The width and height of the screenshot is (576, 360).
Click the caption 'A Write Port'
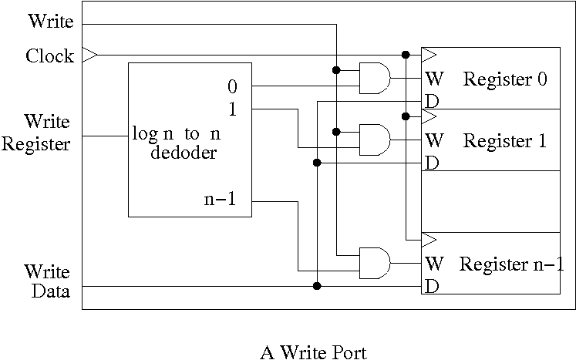[313, 352]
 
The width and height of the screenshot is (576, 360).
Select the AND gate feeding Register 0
[375, 78]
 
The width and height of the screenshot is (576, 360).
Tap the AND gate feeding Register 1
[375, 140]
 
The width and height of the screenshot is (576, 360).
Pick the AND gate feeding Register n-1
[375, 263]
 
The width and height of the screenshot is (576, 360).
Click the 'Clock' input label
[49, 56]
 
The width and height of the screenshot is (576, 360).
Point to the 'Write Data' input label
[47, 281]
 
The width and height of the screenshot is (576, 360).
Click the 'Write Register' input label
[36, 133]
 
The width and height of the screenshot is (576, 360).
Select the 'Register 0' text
[505, 79]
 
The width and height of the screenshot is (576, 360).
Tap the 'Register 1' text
[505, 141]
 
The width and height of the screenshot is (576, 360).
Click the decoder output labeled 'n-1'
[221, 201]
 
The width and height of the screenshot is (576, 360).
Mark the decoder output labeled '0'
[232, 86]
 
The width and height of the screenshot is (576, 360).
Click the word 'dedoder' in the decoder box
[183, 152]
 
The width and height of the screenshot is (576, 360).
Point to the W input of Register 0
[433, 79]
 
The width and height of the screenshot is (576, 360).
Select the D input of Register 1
[432, 163]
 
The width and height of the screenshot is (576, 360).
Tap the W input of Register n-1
[433, 264]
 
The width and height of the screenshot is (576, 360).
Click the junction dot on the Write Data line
[317, 286]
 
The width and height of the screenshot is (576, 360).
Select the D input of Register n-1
[432, 287]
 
